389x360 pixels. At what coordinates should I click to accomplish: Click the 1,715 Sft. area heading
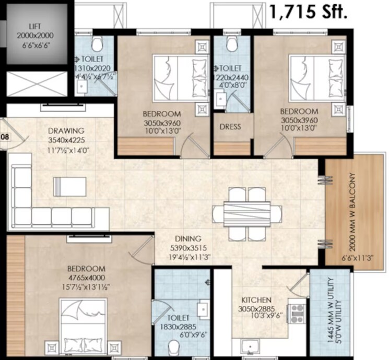point(308,11)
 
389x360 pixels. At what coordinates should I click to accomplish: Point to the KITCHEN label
point(256,300)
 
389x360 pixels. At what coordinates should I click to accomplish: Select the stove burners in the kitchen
point(297,313)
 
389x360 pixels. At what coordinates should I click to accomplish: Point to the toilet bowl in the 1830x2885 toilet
point(174,346)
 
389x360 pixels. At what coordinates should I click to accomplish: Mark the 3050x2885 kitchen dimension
point(256,309)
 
